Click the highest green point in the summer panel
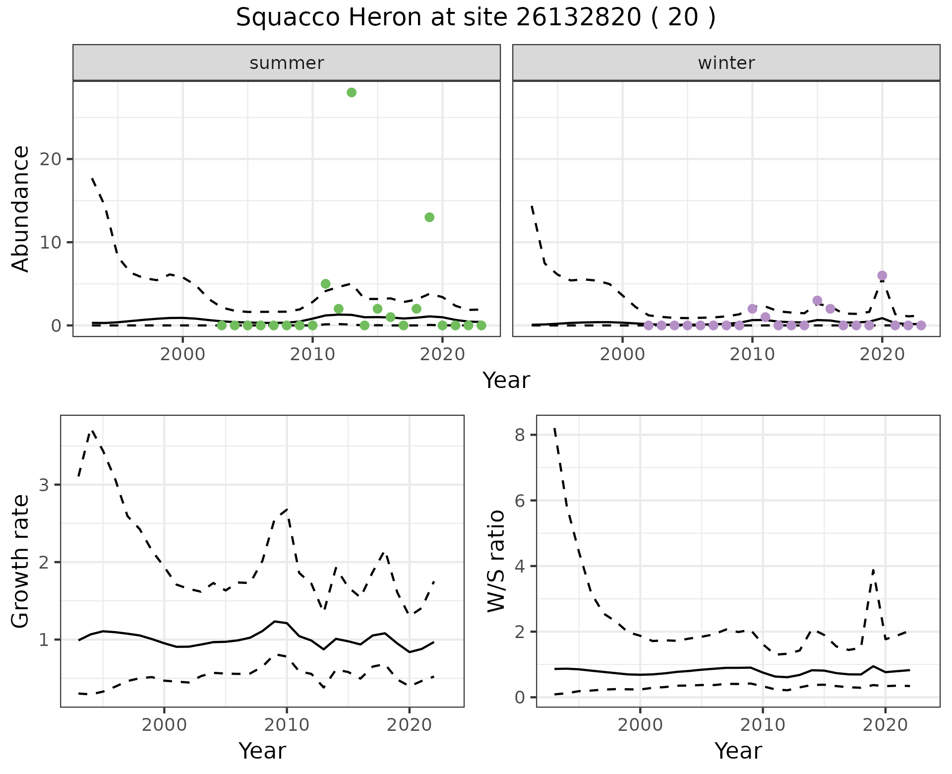(x=352, y=92)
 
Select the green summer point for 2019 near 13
(x=429, y=217)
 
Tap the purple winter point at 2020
(x=882, y=275)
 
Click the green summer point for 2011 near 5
(x=326, y=284)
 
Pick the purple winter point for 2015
(x=818, y=300)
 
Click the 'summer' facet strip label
(x=287, y=63)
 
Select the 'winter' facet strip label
(x=726, y=63)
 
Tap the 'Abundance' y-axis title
(x=21, y=208)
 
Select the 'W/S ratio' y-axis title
(x=496, y=561)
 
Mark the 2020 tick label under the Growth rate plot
(x=409, y=725)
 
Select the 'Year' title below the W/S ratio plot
(x=738, y=751)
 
